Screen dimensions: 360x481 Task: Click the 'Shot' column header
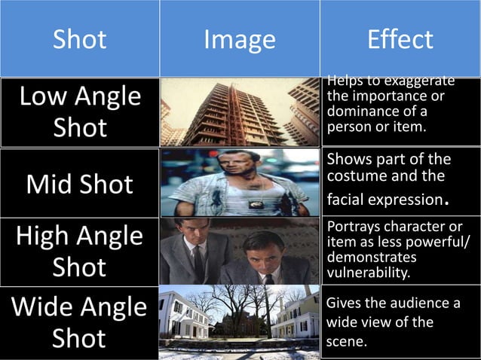point(80,40)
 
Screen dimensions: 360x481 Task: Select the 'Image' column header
point(240,40)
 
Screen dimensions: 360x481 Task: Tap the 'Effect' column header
point(400,40)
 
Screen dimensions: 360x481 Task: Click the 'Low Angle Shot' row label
point(80,111)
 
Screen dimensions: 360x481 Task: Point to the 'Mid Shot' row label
point(80,184)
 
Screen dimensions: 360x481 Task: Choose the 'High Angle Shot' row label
point(80,252)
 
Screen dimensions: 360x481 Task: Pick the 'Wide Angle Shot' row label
point(80,322)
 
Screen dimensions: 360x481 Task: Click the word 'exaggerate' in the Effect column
point(418,81)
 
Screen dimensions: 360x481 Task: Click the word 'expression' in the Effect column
point(411,201)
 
